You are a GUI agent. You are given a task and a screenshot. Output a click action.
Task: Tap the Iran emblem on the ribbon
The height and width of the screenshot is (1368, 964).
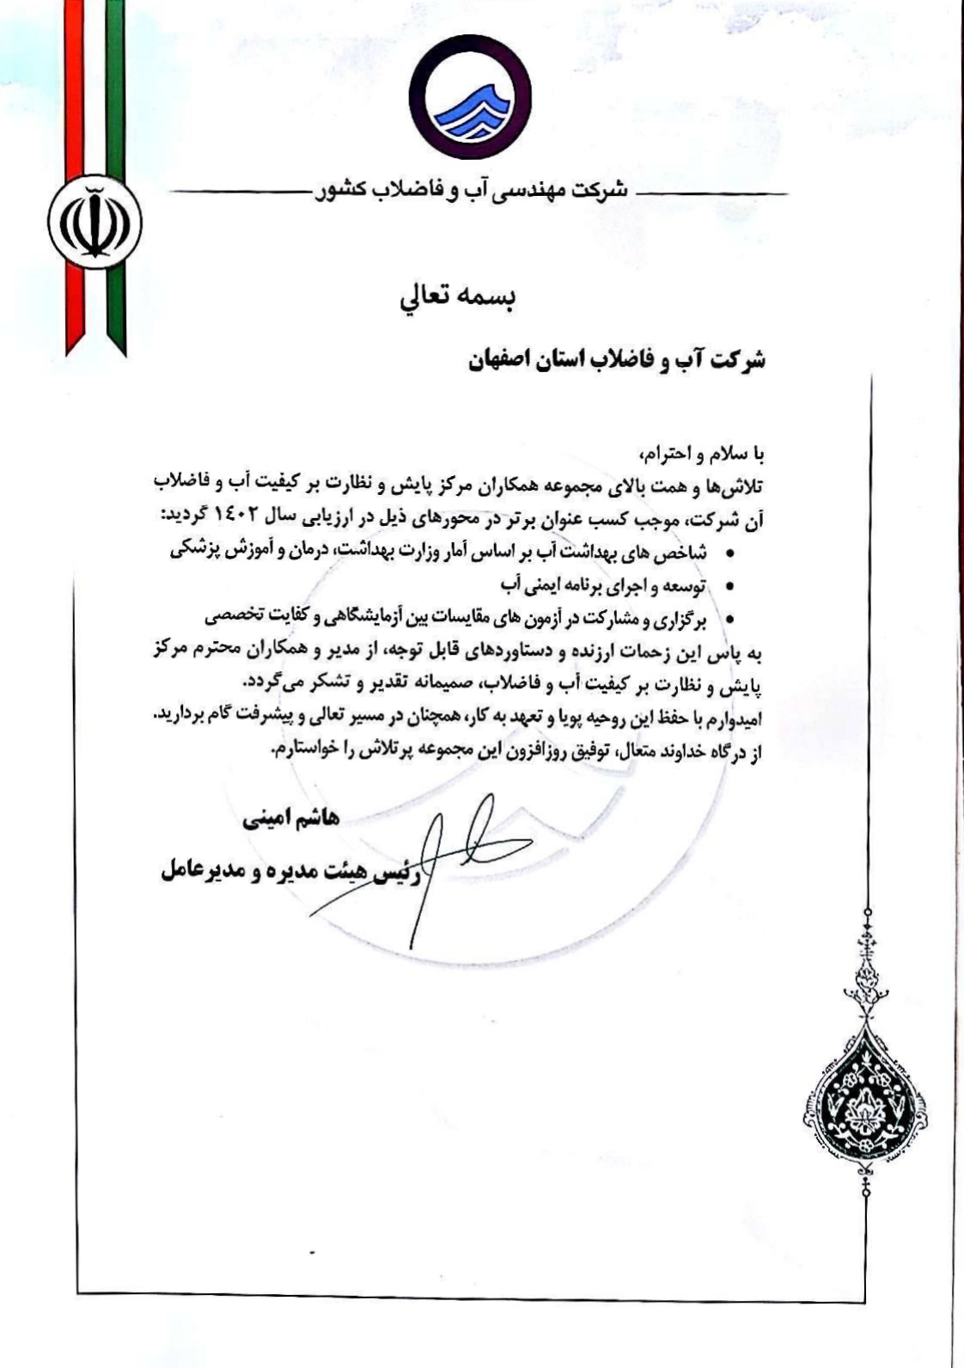click(95, 219)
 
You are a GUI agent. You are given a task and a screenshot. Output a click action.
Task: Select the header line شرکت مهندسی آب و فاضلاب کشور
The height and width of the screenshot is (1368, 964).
click(474, 191)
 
